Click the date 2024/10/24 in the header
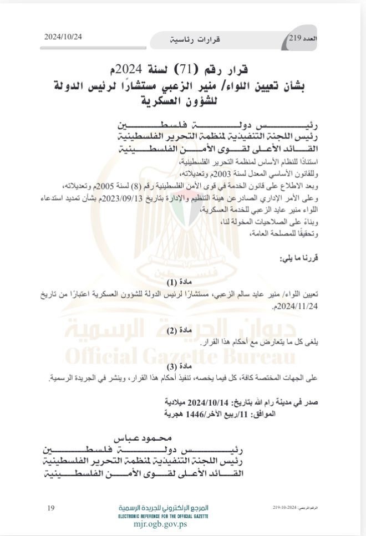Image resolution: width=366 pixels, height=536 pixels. [x=63, y=37]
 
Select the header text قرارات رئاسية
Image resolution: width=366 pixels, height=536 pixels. [x=195, y=40]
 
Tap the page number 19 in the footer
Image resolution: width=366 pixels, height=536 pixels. [x=51, y=508]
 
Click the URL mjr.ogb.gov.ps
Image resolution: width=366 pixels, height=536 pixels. [x=163, y=523]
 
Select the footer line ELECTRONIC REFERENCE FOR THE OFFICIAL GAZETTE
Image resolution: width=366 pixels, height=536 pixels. [x=163, y=515]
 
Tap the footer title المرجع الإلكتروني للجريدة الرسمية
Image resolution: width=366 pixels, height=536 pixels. [x=163, y=508]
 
